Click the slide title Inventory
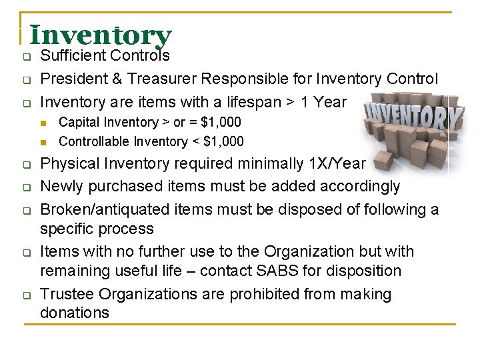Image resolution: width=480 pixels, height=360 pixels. tap(101, 35)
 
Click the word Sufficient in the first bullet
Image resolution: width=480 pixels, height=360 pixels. tap(73, 56)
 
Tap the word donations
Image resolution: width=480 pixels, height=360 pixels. tap(75, 313)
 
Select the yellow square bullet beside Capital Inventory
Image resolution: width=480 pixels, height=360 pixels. tap(45, 123)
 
